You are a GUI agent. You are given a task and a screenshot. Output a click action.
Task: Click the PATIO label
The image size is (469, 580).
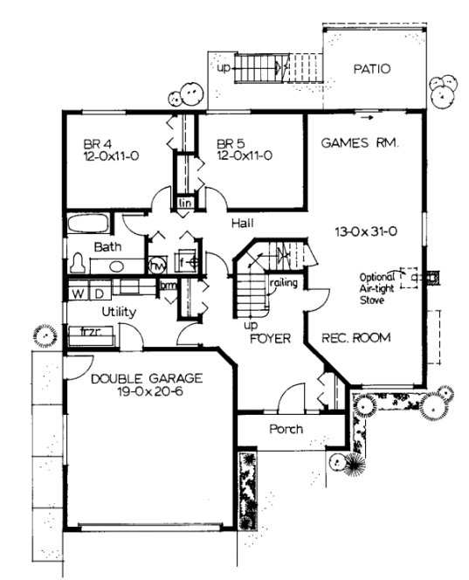(371, 69)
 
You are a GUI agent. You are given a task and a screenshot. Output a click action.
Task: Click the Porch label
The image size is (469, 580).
(286, 429)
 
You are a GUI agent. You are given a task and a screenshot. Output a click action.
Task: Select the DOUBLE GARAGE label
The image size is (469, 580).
(147, 378)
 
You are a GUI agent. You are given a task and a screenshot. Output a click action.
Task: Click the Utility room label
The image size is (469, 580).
(118, 311)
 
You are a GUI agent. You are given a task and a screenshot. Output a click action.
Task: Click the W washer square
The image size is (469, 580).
(78, 291)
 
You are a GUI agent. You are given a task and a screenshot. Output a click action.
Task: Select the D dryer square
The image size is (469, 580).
(98, 291)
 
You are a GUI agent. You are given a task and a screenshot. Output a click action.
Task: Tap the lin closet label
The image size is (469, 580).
(185, 203)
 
